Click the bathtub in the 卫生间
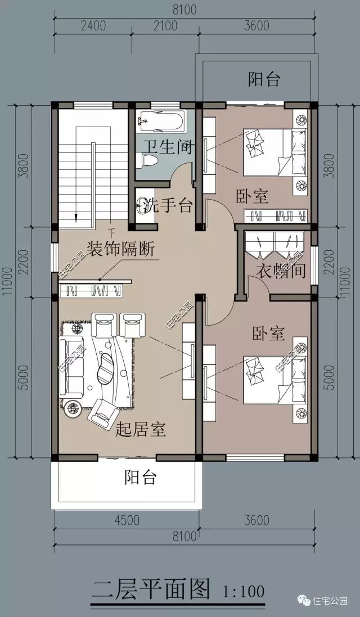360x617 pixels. [161, 121]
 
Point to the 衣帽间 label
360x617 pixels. [281, 271]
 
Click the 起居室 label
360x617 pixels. [140, 430]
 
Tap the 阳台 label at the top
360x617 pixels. [264, 79]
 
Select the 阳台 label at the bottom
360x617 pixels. [140, 478]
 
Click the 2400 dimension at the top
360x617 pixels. [93, 26]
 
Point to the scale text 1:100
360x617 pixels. [244, 592]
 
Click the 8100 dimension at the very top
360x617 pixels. [181, 8]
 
